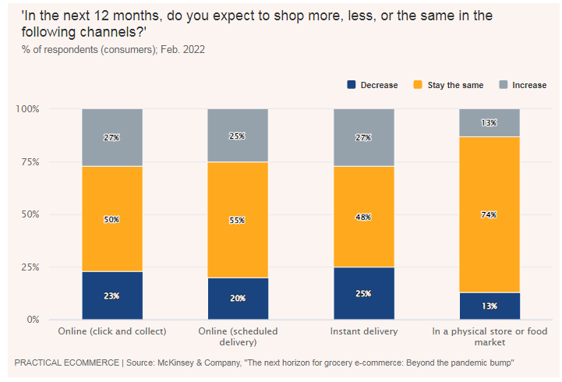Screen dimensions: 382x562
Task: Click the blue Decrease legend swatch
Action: click(351, 85)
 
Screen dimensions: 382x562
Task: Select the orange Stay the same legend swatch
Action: click(418, 85)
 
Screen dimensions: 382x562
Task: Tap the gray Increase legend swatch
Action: click(504, 85)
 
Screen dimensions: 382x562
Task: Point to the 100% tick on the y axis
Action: click(28, 108)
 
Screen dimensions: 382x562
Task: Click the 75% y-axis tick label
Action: click(30, 161)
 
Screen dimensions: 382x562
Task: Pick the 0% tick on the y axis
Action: click(34, 320)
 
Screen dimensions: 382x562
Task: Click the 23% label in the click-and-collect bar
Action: click(112, 295)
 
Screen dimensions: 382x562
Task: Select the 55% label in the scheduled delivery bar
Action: click(238, 220)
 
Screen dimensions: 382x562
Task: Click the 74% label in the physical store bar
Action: click(490, 214)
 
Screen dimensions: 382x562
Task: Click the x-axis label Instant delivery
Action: click(364, 331)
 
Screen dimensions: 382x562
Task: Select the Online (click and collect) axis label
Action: click(112, 331)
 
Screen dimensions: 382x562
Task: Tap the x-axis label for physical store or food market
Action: click(490, 337)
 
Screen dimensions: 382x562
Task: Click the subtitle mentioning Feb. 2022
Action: click(113, 50)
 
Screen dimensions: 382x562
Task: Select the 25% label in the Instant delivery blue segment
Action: click(363, 294)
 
